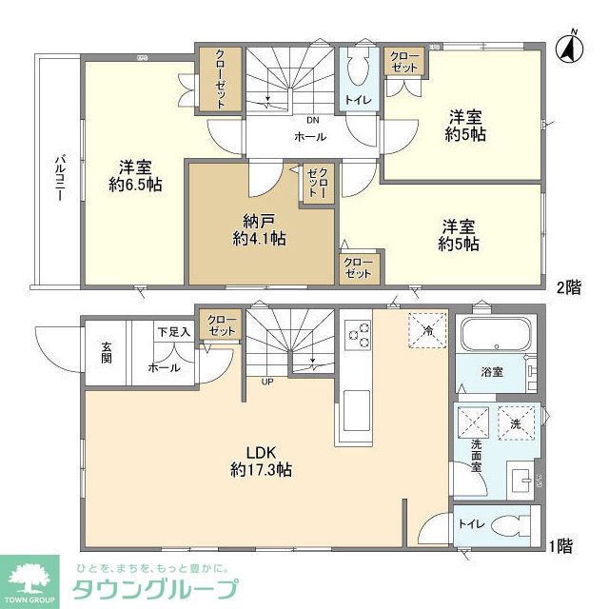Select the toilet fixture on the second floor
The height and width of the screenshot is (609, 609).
coord(358,69)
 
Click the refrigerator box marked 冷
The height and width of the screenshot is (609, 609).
coord(423,330)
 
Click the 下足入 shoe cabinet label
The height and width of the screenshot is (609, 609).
coord(173,331)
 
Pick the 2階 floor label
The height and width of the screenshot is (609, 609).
coord(568,285)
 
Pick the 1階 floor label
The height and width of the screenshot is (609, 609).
coord(561,547)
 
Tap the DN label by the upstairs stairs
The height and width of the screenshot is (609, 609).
coord(311,121)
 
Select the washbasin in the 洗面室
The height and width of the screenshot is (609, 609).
coord(521,479)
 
